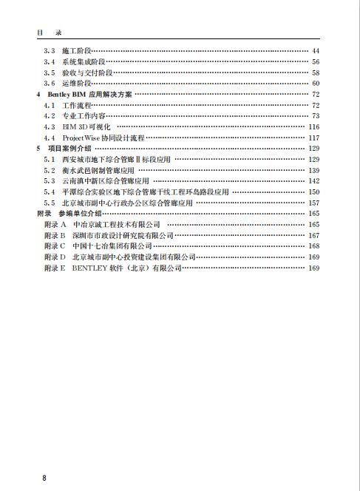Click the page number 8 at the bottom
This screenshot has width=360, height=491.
(x=44, y=478)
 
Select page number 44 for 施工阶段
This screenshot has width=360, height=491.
(x=315, y=50)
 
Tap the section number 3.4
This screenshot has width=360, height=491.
(x=49, y=61)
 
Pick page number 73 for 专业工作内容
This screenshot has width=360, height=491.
(x=315, y=116)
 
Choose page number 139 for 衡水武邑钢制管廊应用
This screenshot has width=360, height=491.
(x=313, y=170)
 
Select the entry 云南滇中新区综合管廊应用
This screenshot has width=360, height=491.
(x=106, y=181)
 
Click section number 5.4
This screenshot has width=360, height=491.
(x=49, y=192)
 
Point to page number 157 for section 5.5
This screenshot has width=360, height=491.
(x=313, y=203)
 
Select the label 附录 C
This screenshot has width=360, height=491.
(x=54, y=245)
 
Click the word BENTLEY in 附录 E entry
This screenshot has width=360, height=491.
(x=93, y=267)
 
